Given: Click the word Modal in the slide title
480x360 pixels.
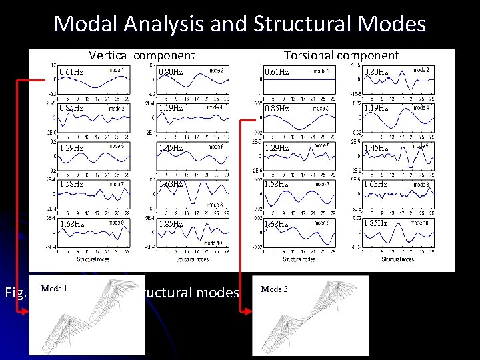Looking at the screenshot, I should [x=87, y=24].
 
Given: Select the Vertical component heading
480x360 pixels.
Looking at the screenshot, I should [x=142, y=55].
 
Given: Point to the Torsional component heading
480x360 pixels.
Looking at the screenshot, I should [x=341, y=55].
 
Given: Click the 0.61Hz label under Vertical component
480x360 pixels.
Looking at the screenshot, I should [x=71, y=71].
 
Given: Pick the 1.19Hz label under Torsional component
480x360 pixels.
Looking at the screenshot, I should [x=375, y=107].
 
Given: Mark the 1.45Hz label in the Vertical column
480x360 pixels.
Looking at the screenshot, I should [x=171, y=147].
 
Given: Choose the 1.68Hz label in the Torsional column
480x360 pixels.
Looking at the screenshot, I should [x=276, y=224].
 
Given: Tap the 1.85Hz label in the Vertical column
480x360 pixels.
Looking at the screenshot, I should [x=171, y=224].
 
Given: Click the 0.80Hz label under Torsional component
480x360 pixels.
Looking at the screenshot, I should [x=375, y=71].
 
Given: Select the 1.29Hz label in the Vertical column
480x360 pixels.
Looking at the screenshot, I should [x=71, y=147].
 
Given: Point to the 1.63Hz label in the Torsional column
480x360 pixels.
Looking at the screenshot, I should [x=375, y=183].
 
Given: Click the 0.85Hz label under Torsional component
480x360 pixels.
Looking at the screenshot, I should [x=276, y=107].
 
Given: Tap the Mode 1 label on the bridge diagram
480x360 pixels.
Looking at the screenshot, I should [x=54, y=289].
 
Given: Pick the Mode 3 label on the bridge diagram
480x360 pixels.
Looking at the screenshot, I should [x=274, y=289].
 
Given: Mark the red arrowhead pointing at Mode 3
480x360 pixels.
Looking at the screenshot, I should [x=247, y=310].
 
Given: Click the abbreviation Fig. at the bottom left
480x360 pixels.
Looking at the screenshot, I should [x=15, y=292].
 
